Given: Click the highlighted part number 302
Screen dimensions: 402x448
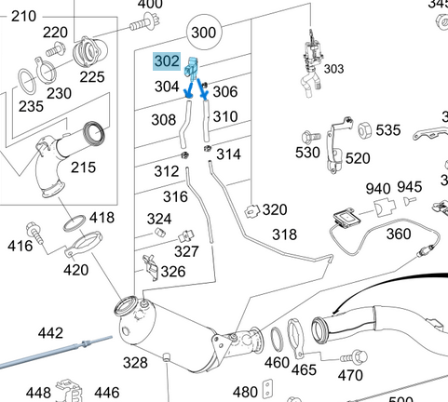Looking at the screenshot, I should (x=168, y=62).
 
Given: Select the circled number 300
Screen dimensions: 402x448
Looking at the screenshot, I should (x=202, y=34).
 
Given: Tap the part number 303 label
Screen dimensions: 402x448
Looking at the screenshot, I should (x=333, y=69).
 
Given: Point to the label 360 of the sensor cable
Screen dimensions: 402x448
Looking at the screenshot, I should (x=398, y=233).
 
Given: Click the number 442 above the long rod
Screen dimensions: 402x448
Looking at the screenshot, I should (x=50, y=333).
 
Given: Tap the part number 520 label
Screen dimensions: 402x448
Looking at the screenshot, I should (x=357, y=159).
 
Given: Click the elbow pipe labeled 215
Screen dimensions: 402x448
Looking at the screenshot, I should (x=56, y=167).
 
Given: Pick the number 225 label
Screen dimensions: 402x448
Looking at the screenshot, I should (x=91, y=77).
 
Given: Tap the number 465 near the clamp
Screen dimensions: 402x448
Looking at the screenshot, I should (x=304, y=369).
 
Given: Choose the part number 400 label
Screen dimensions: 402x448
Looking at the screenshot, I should (x=149, y=5).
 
